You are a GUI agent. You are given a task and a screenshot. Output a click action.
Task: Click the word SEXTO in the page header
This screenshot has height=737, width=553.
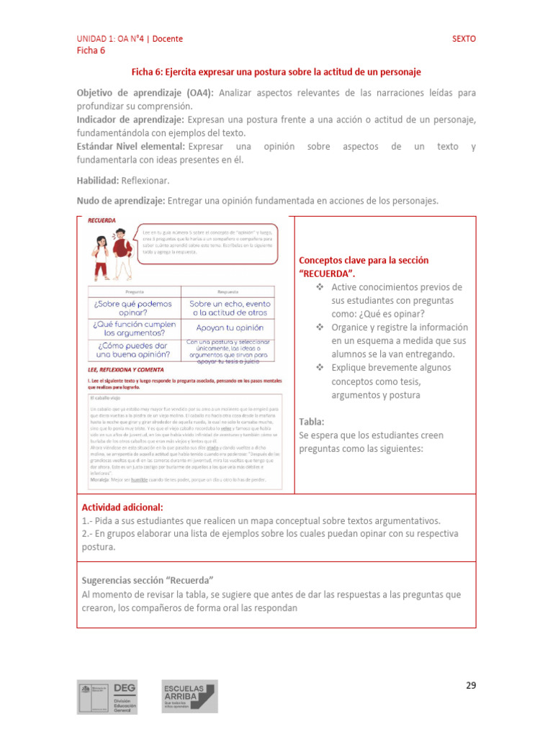[x=464, y=39]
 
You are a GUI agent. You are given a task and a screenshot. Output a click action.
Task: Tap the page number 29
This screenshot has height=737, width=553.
[x=470, y=685]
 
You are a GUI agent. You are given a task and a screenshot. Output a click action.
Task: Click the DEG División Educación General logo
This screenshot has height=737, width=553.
[x=107, y=697]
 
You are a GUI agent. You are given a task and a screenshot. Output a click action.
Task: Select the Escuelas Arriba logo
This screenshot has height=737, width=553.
[x=186, y=697]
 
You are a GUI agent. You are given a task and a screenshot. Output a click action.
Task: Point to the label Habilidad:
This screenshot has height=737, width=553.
[x=98, y=180]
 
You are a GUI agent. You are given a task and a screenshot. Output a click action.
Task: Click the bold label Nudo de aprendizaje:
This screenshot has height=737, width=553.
[x=121, y=202]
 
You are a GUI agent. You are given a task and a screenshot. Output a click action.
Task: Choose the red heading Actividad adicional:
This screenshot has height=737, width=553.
[x=122, y=507]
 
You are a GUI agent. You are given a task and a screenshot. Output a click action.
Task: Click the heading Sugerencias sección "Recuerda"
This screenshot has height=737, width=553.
[x=148, y=580]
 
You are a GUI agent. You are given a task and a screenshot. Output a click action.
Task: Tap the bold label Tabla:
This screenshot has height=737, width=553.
[x=311, y=422]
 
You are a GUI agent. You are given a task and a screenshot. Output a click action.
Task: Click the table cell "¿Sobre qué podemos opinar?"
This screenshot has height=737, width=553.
[x=135, y=309]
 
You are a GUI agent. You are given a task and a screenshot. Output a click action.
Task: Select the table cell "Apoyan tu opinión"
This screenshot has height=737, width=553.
[x=230, y=327]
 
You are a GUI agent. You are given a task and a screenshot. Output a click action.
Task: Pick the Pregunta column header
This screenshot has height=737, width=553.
[x=135, y=292]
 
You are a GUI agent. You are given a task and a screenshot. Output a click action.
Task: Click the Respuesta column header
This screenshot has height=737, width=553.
[x=230, y=292]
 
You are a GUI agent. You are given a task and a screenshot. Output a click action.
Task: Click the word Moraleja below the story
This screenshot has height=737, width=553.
[x=100, y=479]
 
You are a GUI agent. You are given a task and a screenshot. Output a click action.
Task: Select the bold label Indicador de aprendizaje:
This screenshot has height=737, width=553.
[x=130, y=119]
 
